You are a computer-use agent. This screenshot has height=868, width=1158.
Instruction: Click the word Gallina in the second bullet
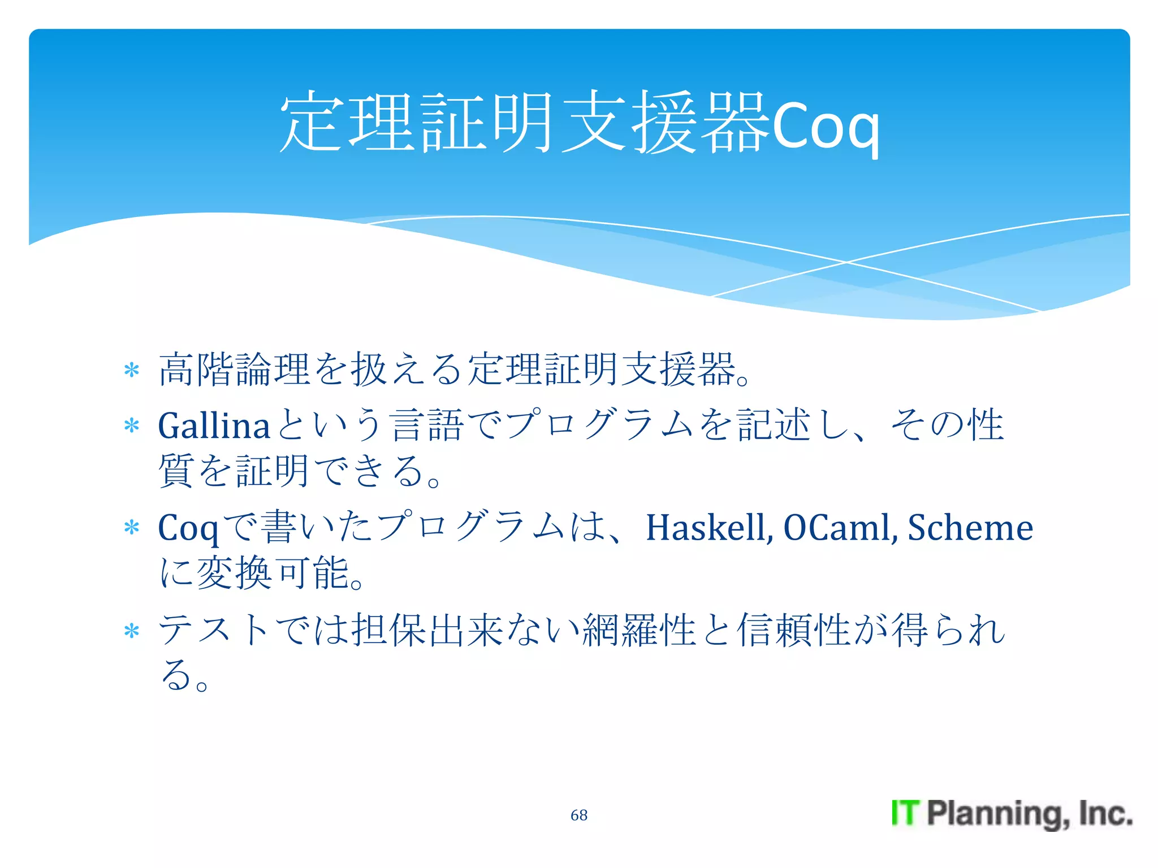214,426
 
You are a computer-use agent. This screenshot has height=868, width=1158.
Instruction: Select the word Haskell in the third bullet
709,528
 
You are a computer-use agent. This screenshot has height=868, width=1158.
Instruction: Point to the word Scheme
970,528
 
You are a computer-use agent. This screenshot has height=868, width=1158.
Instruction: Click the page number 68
578,815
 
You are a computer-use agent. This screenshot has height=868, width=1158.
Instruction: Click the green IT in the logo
906,813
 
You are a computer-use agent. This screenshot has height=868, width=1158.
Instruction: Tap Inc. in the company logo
1105,813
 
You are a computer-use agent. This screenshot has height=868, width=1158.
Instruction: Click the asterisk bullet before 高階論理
132,371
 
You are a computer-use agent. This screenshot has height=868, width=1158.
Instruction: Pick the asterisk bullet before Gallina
132,426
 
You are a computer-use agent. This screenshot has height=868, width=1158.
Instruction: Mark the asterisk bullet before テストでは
132,631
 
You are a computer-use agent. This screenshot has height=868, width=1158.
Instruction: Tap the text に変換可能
260,573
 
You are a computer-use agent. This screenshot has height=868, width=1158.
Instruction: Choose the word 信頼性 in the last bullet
794,630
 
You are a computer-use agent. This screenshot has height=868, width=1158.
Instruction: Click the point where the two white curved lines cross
846,262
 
